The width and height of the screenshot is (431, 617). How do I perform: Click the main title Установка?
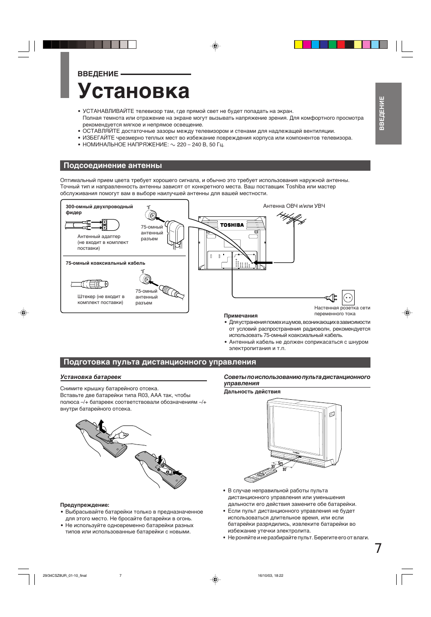pos(133,91)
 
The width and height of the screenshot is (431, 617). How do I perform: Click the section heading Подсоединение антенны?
pos(112,166)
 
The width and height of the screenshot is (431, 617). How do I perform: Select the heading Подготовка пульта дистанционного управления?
pos(159,362)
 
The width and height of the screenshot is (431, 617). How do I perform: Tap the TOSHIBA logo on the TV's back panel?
pos(232,225)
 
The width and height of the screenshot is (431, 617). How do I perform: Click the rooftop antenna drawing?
pos(291,220)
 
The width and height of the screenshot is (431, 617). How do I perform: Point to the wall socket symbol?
pos(348,298)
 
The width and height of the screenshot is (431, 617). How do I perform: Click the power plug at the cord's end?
pos(332,298)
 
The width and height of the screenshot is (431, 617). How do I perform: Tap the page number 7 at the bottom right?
pos(378,548)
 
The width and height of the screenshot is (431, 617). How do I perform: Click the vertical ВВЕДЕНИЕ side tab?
pos(388,113)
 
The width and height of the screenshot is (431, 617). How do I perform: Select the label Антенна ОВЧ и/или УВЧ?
pos(294,206)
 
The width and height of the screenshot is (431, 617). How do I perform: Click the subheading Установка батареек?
pos(91,377)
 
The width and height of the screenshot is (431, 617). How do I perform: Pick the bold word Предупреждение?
pos(85,505)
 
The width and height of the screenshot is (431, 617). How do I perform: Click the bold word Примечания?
pos(241,316)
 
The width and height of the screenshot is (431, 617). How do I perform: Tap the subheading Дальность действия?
pos(252,392)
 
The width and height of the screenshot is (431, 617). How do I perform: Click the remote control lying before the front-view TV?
pos(260,475)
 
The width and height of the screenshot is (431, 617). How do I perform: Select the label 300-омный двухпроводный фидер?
pos(99,209)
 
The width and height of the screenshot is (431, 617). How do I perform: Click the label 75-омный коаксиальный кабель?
pos(105,263)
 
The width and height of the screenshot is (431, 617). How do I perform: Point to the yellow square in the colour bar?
pos(298,44)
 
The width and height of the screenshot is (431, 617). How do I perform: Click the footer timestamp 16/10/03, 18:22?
pos(270,575)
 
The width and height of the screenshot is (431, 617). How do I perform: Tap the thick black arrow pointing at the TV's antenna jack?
pos(263,262)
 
